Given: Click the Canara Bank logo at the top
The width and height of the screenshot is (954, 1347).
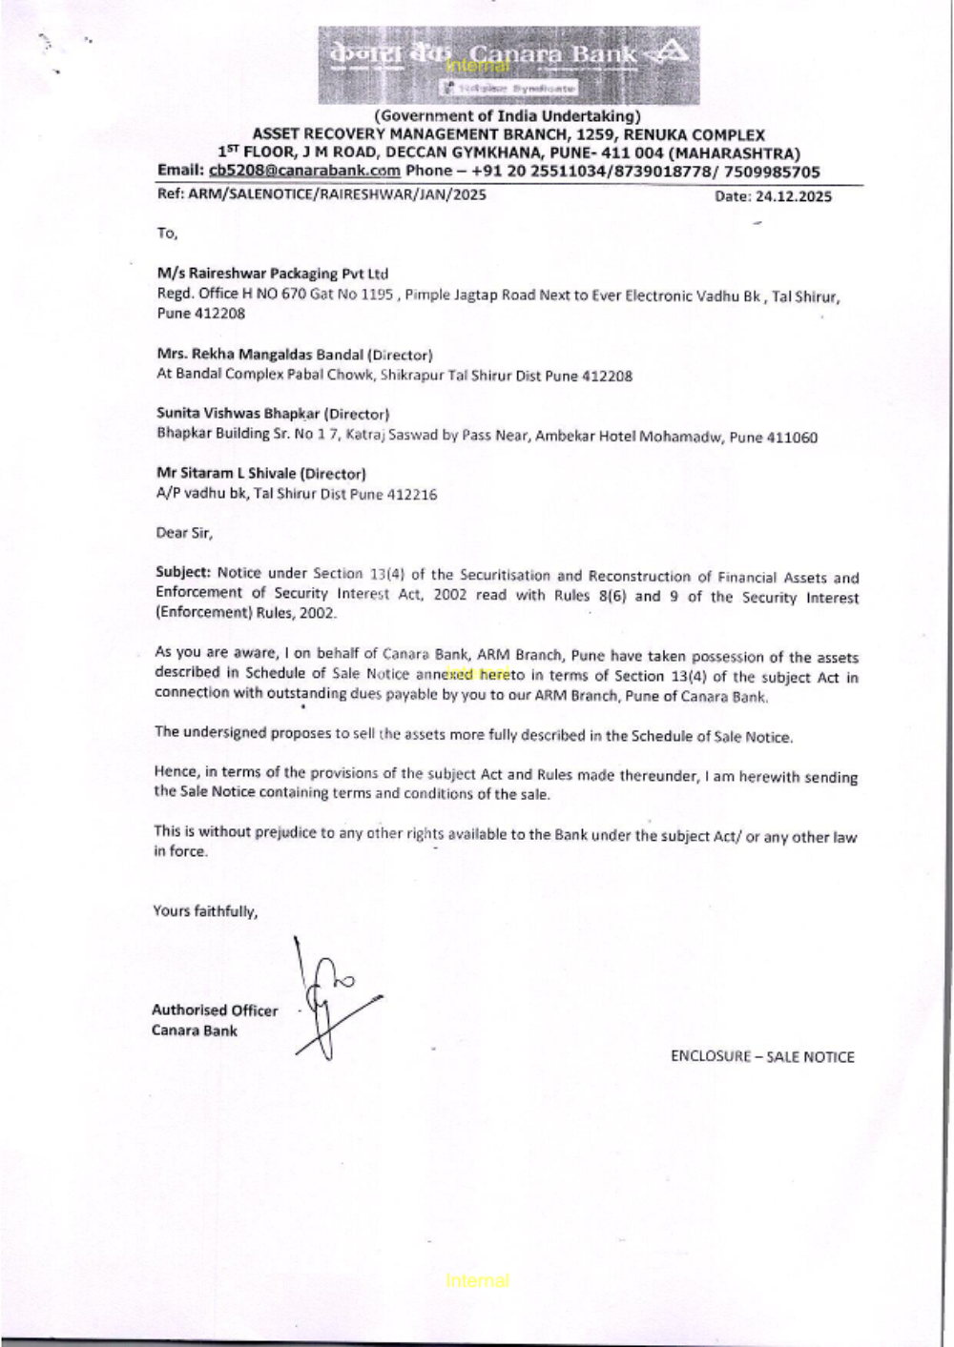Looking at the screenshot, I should point(508,64).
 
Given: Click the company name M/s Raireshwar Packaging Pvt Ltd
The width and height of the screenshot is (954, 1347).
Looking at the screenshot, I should point(273,274).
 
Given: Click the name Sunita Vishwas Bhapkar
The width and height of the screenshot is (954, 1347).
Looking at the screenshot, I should point(238,414).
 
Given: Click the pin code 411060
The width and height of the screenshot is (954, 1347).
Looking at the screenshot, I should point(792,438).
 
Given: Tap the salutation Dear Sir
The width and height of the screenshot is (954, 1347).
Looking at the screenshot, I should point(184,533).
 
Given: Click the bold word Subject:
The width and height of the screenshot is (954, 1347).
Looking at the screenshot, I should point(182,572).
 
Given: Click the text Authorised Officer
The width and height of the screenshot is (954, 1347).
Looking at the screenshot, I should point(215,1010).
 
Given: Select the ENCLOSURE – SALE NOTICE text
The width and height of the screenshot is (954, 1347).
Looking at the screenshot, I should point(762,1056).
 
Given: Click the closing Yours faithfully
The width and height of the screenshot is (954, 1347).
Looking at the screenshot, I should point(205,911).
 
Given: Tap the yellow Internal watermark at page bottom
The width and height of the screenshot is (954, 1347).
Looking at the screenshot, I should point(477,1280).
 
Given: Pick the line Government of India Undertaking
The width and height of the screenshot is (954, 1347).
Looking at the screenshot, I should point(507,116).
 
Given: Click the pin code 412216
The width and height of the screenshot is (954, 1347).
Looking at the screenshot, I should point(412,494).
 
